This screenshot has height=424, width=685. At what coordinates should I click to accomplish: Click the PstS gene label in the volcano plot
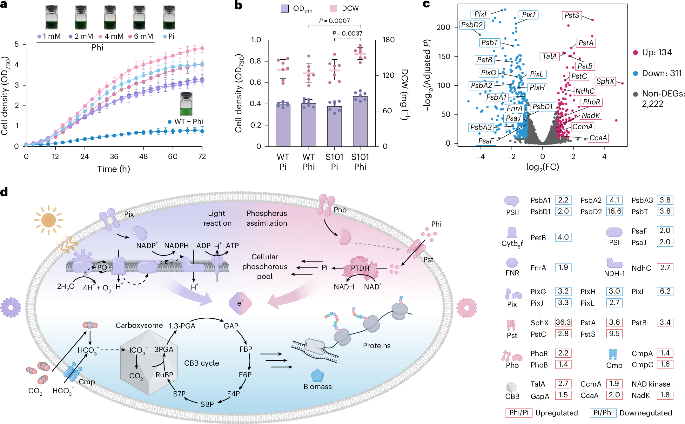tap(572, 15)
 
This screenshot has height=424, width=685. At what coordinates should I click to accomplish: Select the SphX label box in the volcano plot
tap(605, 81)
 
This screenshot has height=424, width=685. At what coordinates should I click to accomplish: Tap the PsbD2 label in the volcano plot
tap(472, 25)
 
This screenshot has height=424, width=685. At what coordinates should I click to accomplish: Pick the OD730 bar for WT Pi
tap(283, 125)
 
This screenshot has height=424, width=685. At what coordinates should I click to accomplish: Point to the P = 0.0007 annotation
tap(334, 21)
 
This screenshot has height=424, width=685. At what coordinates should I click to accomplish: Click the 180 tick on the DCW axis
tap(388, 40)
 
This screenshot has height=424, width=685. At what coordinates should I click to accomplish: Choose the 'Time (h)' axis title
tap(113, 169)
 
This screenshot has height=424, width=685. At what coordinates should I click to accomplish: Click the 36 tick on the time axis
tap(114, 156)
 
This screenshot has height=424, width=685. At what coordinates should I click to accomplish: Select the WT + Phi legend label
tap(188, 122)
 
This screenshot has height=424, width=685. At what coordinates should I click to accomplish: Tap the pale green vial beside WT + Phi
tap(186, 104)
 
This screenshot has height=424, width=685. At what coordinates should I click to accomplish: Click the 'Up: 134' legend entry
tap(657, 52)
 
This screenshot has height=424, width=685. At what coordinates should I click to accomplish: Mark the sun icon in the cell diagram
tap(48, 220)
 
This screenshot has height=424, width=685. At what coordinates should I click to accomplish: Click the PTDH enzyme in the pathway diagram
tap(360, 268)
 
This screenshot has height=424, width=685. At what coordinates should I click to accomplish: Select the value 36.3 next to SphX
tap(563, 322)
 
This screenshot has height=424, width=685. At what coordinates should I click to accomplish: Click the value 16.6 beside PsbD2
tap(614, 211)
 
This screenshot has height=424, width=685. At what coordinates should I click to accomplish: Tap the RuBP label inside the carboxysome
tap(164, 375)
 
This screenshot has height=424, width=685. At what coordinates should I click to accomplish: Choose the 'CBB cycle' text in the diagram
tap(201, 363)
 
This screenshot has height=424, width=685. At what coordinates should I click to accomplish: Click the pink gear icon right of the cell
tap(467, 308)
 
